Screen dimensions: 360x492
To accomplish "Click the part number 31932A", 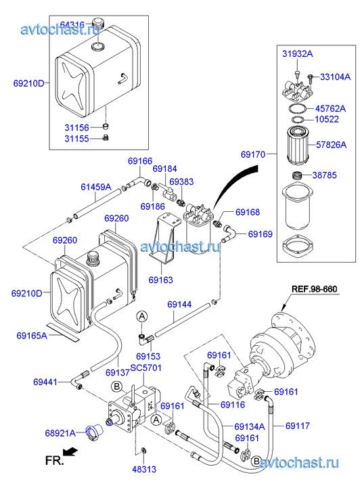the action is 297,53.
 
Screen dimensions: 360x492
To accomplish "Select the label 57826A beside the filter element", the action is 331,145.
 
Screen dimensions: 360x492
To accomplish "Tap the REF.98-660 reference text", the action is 314,289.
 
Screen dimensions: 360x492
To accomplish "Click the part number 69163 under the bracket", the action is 160,279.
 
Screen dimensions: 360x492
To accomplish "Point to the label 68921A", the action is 60,433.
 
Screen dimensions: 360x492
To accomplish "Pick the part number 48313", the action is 144,469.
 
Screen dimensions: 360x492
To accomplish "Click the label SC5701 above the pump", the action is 146,367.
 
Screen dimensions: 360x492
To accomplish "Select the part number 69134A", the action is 250,426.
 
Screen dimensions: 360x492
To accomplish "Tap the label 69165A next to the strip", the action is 32,336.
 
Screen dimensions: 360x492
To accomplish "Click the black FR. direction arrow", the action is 70,451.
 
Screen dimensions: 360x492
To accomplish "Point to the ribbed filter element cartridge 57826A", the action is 298,145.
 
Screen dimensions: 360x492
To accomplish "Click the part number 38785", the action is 324,175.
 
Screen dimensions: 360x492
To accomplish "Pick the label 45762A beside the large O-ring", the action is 330,108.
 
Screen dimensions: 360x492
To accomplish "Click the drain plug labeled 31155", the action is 106,137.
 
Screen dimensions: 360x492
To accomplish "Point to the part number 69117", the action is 298,426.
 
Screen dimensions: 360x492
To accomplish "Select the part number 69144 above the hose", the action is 179,304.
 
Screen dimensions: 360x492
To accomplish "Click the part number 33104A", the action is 335,76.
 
